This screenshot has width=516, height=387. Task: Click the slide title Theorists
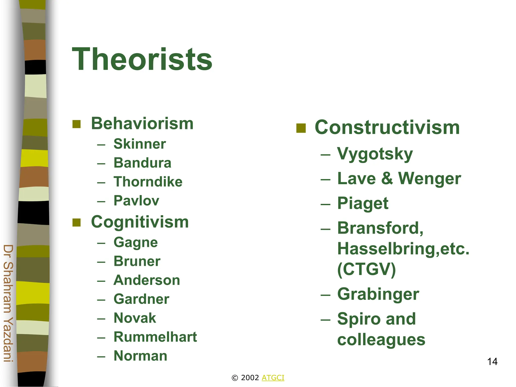click(142, 59)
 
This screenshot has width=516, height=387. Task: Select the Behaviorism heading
click(142, 124)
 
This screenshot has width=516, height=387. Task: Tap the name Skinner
click(140, 144)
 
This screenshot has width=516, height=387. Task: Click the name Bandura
click(142, 163)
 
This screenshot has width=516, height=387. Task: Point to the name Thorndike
click(148, 182)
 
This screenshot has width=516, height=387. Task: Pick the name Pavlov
click(136, 201)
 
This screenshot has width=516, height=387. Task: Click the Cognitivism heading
click(140, 222)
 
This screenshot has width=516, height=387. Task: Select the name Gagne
click(136, 242)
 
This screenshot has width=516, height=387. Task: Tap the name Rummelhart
click(155, 337)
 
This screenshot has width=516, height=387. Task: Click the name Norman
click(140, 356)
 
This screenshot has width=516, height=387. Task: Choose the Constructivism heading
click(387, 127)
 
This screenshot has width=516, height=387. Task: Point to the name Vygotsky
click(375, 154)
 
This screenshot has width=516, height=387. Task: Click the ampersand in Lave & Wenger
click(387, 178)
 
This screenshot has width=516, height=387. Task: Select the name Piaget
click(363, 203)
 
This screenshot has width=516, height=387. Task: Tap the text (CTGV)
click(366, 269)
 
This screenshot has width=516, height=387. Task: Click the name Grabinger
click(378, 294)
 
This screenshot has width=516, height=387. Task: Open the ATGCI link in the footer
click(273, 378)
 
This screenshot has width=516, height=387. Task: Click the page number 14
click(492, 362)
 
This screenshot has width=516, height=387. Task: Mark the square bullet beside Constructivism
click(301, 128)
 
